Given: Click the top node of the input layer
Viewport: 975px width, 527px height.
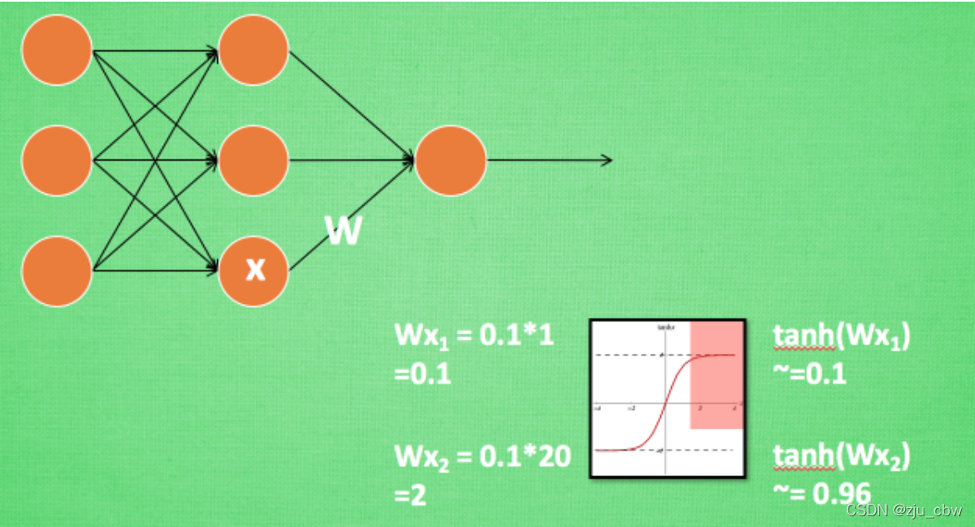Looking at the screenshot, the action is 57,50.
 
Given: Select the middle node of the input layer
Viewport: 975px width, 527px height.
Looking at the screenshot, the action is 57,160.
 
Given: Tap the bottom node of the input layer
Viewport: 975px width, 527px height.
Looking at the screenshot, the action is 57,271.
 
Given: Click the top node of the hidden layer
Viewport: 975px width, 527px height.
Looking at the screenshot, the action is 253,50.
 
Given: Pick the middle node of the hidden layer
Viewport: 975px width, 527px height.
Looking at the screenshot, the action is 253,160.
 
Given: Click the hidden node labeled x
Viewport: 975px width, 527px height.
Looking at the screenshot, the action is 253,270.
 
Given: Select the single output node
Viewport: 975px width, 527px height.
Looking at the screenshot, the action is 450,160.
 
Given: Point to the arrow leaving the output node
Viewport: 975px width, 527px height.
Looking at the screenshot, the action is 550,160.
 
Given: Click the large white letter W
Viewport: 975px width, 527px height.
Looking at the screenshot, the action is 343,231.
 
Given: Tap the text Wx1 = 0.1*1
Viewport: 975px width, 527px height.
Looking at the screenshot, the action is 475,337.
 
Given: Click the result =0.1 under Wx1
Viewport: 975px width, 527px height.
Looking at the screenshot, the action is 423,374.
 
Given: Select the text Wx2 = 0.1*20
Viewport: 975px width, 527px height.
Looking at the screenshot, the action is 482,457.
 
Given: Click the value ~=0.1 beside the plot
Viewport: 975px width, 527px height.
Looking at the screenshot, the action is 809,373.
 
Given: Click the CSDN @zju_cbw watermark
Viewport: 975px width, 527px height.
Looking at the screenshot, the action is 903,510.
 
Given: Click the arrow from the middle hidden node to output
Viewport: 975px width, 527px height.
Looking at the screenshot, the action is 350,160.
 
